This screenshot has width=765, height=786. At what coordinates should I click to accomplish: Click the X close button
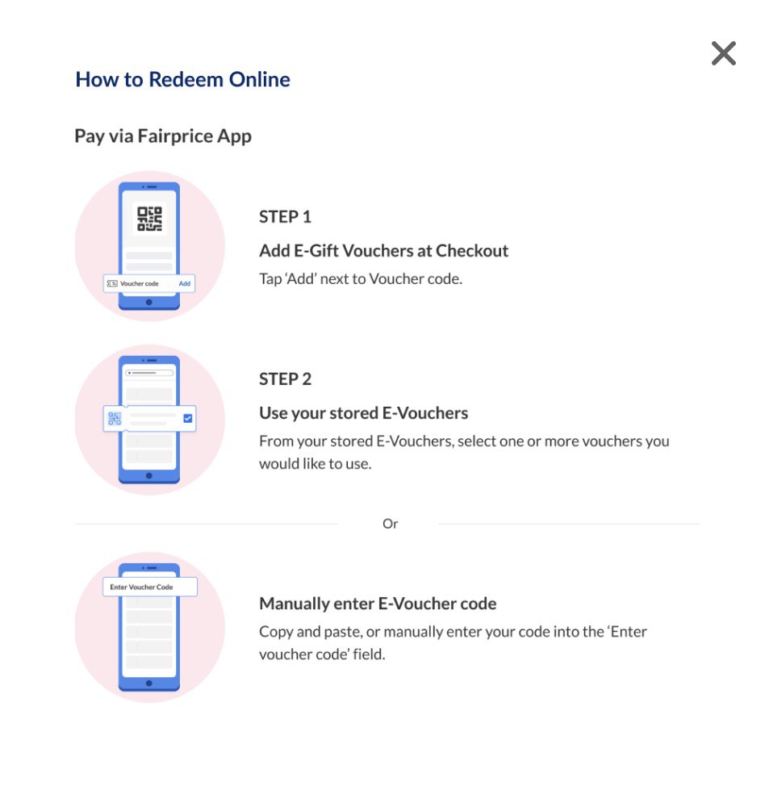pyautogui.click(x=723, y=53)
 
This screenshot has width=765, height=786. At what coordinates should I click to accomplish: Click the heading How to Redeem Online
pyautogui.click(x=182, y=79)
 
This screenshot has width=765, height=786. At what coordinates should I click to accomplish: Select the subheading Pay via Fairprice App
pyautogui.click(x=163, y=136)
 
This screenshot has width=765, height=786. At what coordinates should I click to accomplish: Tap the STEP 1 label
pyautogui.click(x=285, y=216)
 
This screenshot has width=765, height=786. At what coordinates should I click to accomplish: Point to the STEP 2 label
pyautogui.click(x=285, y=379)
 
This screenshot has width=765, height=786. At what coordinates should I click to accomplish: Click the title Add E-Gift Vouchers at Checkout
pyautogui.click(x=383, y=250)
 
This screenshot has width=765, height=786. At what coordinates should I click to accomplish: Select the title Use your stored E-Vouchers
pyautogui.click(x=363, y=413)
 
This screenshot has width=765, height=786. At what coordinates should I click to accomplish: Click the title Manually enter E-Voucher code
pyautogui.click(x=378, y=604)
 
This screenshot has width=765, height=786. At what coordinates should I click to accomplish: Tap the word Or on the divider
pyautogui.click(x=390, y=524)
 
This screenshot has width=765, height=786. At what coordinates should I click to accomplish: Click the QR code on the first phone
pyautogui.click(x=149, y=219)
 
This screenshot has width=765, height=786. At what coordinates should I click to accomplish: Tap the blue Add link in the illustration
pyautogui.click(x=185, y=283)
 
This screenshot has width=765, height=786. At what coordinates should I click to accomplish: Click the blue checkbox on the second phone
pyautogui.click(x=187, y=418)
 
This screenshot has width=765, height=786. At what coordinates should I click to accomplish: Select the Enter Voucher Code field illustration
pyautogui.click(x=150, y=587)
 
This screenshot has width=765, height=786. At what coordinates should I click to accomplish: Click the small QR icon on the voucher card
pyautogui.click(x=115, y=418)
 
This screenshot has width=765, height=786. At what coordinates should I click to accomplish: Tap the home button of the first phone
pyautogui.click(x=149, y=303)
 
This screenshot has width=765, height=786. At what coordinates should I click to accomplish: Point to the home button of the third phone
pyautogui.click(x=149, y=684)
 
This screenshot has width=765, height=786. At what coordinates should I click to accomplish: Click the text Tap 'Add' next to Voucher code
pyautogui.click(x=361, y=278)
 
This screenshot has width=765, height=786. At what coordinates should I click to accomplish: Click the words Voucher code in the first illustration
pyautogui.click(x=140, y=283)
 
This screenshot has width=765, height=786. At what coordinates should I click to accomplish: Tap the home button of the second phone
pyautogui.click(x=149, y=475)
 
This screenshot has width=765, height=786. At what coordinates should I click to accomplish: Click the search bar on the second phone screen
pyautogui.click(x=149, y=373)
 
